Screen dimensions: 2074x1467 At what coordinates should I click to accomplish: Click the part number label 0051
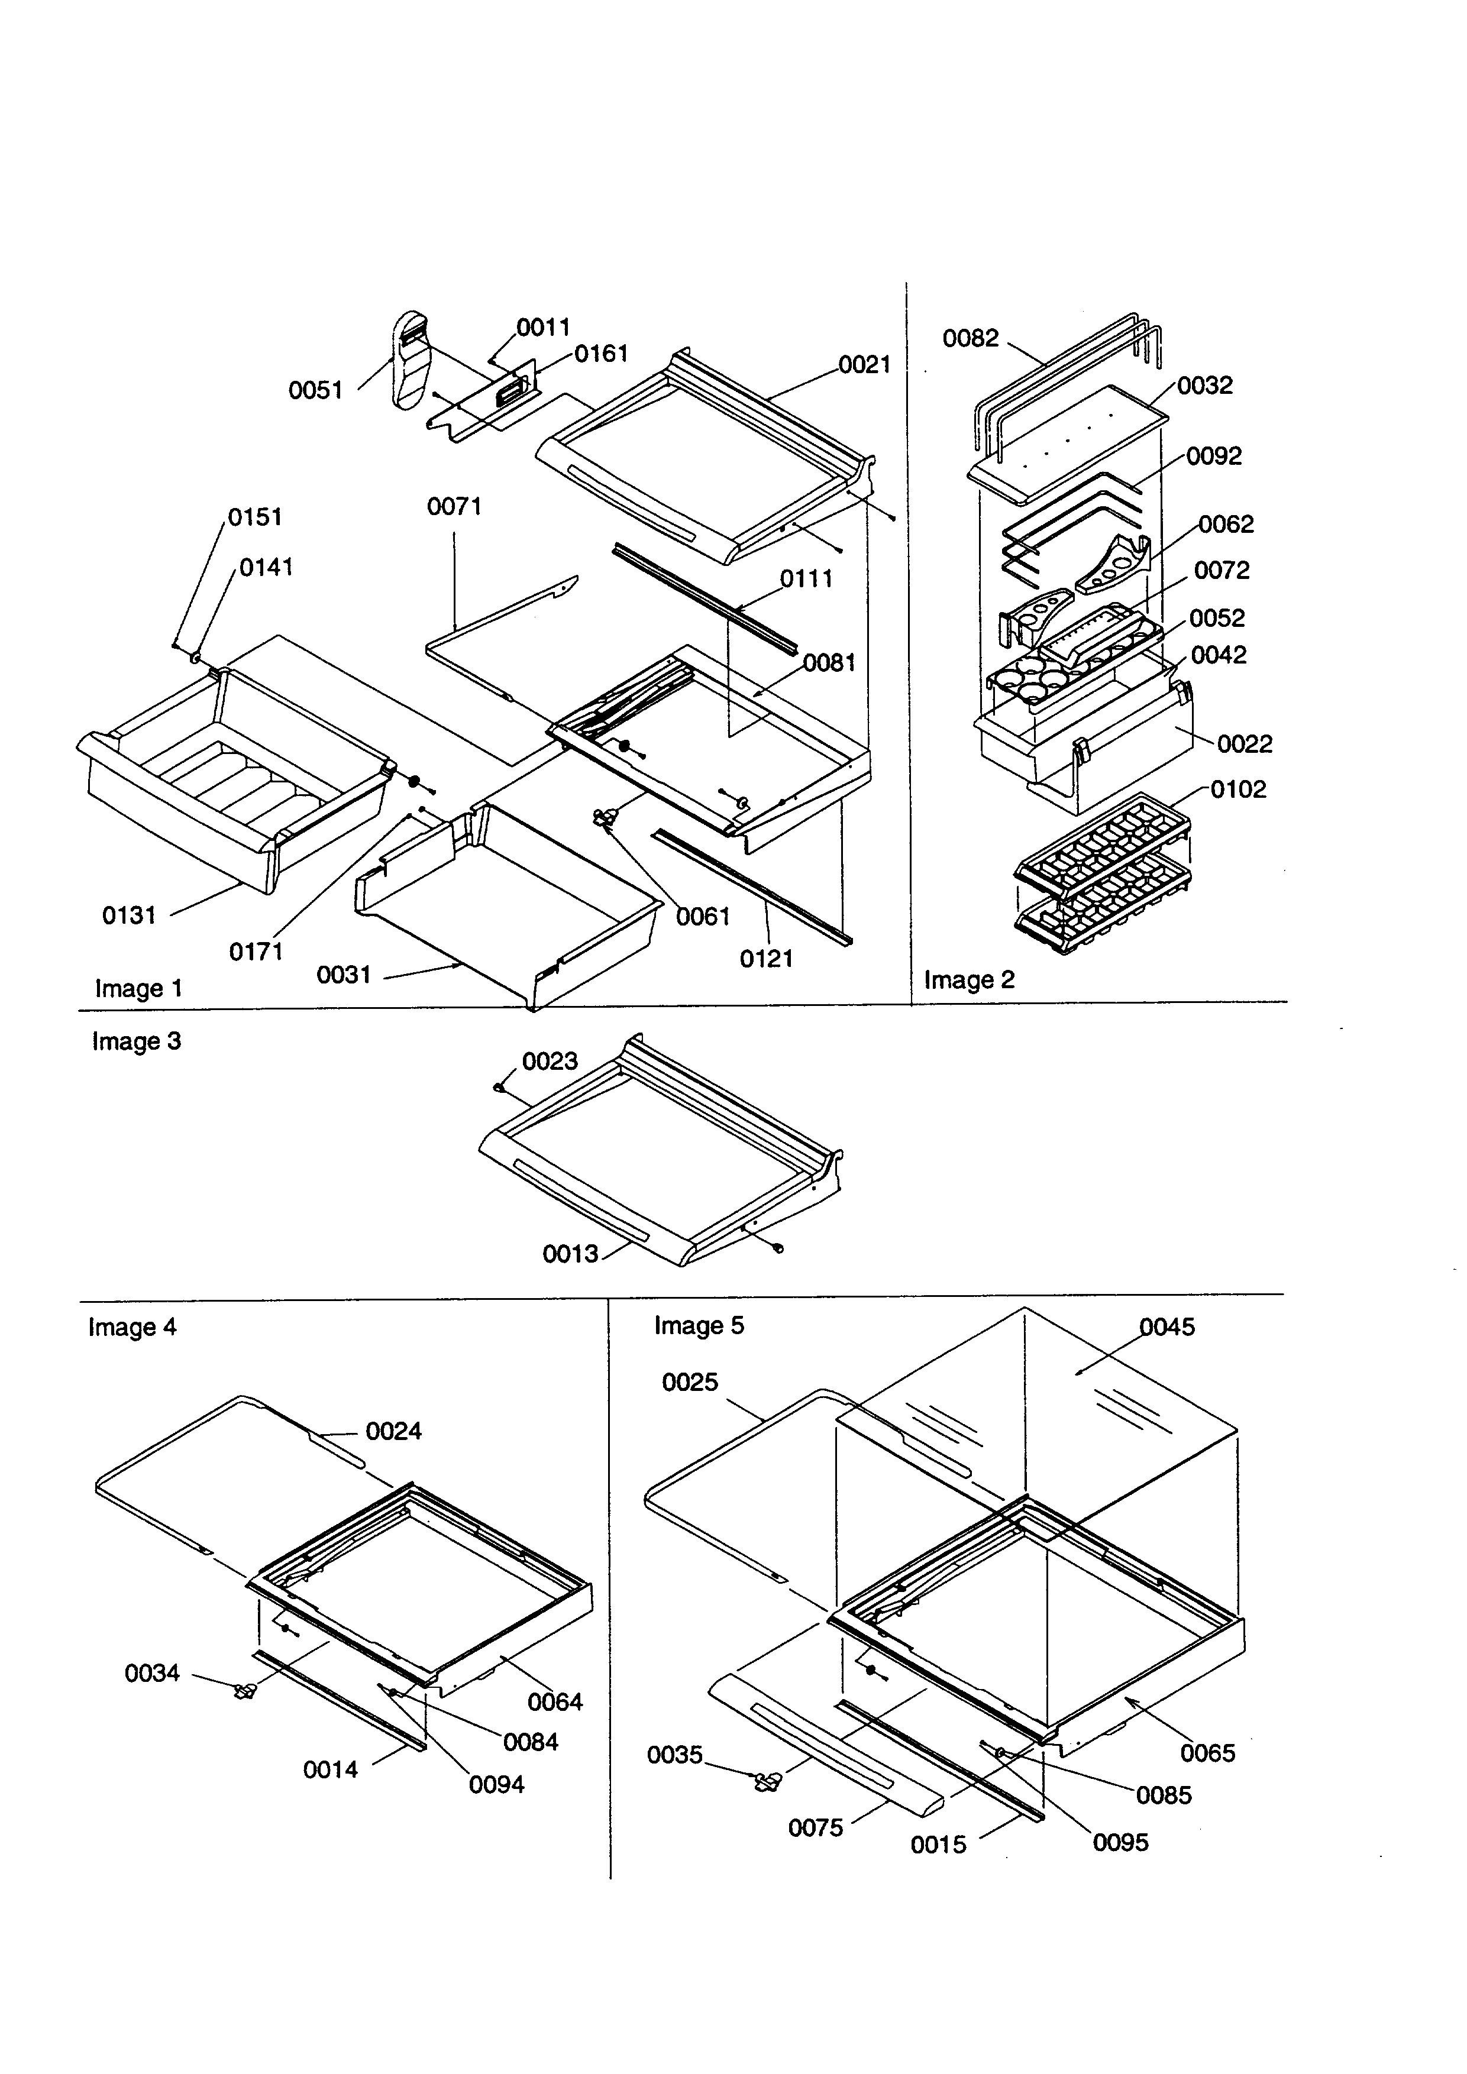(315, 390)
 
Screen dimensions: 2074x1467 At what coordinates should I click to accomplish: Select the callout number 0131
(129, 916)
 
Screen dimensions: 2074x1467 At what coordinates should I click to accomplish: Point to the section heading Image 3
(137, 1041)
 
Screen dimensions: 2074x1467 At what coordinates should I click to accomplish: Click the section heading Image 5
(699, 1326)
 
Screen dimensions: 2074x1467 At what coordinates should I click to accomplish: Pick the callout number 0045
(1167, 1327)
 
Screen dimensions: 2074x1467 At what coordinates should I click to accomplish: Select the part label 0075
(816, 1829)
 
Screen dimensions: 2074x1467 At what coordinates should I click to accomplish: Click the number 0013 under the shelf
(570, 1254)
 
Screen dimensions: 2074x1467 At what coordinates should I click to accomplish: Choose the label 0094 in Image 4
(497, 1784)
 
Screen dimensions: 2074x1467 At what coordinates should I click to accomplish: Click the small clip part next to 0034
(243, 1690)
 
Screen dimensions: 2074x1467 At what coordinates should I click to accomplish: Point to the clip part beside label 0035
(768, 1781)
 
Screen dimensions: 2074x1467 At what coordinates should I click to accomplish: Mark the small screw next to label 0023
(499, 1089)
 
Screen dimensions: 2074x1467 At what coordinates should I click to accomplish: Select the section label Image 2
(970, 980)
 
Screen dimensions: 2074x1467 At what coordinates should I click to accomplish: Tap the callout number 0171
(256, 951)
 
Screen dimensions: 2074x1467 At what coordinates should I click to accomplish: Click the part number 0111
(806, 579)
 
